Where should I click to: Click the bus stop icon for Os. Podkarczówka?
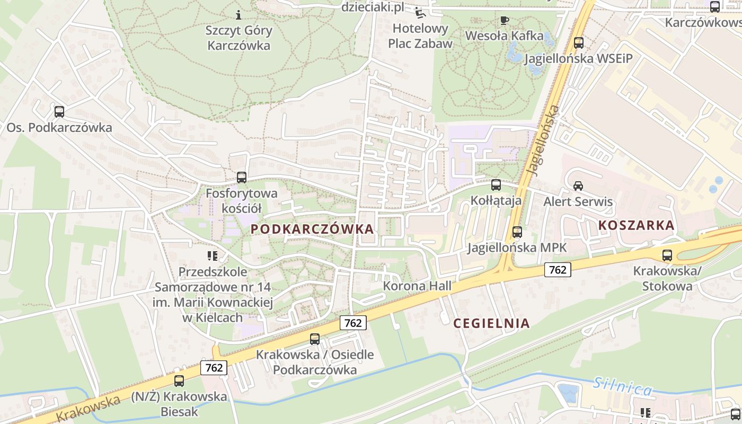59,112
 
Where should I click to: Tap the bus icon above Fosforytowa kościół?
242,178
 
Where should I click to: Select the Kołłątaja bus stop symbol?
496,185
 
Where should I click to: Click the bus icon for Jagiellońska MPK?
517,232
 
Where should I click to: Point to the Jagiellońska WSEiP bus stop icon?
579,43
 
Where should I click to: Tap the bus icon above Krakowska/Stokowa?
667,255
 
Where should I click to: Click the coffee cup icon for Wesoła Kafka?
504,21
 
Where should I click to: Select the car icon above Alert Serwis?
578,186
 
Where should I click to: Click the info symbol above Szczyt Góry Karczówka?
238,15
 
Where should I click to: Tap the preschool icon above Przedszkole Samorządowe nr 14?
213,257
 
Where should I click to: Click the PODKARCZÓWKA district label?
312,229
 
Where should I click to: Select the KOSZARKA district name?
636,225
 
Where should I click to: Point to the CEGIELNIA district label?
491,323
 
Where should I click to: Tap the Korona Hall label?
417,286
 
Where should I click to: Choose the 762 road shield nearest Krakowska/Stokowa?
558,270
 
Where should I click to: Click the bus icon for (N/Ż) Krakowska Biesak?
179,381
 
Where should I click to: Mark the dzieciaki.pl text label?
373,7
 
